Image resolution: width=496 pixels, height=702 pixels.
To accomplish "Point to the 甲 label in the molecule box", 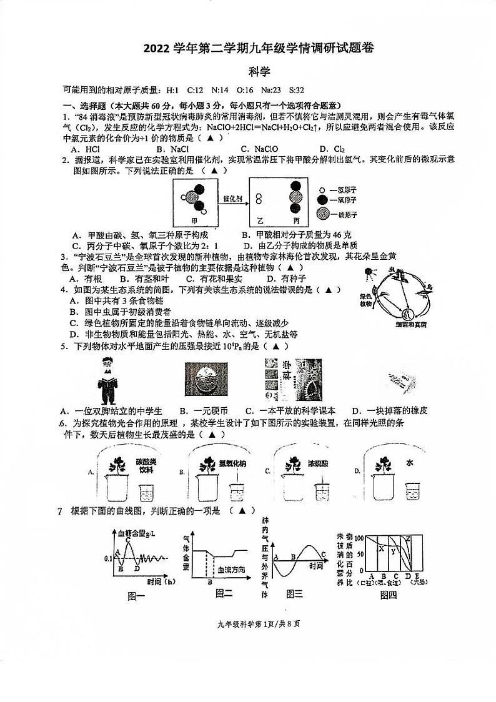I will tap(197, 221).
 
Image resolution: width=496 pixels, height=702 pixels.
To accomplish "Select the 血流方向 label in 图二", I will tap(229, 570).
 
